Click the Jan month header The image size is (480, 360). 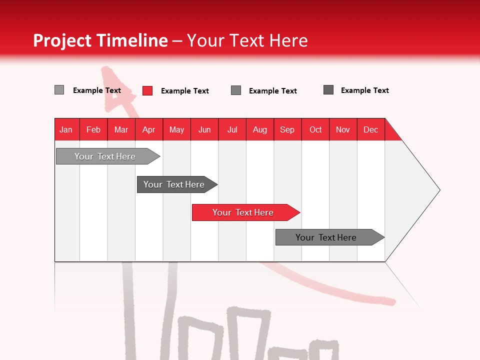(66, 129)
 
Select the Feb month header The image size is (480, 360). (93, 129)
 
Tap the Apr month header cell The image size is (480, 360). (149, 129)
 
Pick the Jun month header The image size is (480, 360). (204, 129)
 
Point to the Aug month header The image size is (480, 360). (260, 129)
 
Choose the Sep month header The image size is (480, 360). (287, 129)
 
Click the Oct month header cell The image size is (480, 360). (315, 129)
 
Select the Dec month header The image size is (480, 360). (371, 129)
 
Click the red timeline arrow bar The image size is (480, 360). (245, 212)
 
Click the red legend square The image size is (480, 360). (147, 90)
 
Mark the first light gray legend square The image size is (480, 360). (59, 90)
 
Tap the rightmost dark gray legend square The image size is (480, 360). (328, 90)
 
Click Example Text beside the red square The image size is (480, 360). (184, 91)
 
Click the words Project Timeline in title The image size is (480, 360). (100, 40)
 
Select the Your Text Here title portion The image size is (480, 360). (247, 40)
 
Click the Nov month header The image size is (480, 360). (343, 129)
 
